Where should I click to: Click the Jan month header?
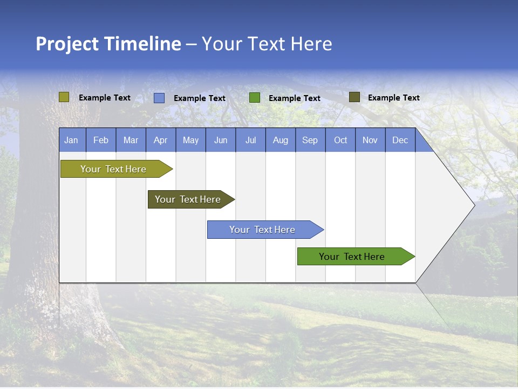click(72, 140)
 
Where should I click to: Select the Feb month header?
click(101, 140)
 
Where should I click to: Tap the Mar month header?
click(131, 140)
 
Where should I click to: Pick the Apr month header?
click(161, 140)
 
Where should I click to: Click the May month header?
click(190, 140)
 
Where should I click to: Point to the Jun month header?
click(221, 140)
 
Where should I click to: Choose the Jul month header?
click(250, 140)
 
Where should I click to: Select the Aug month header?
click(281, 140)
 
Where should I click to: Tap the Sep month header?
click(310, 140)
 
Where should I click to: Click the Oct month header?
click(340, 140)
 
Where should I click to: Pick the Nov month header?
click(370, 140)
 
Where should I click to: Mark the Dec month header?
click(400, 140)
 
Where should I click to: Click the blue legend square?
click(159, 98)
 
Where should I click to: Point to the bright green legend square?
click(255, 98)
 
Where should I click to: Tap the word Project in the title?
click(67, 44)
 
